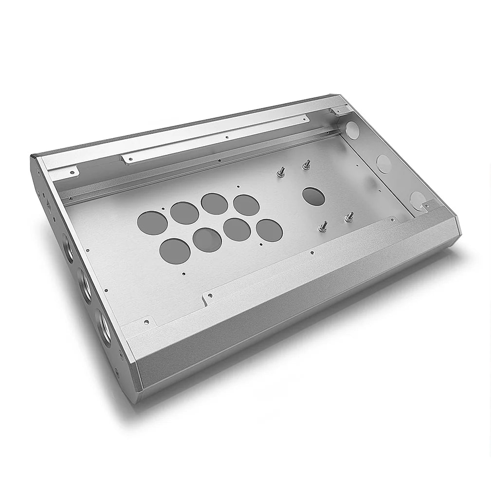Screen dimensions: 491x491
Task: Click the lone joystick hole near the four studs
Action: (314, 196)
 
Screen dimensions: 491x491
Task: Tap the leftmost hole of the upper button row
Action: (152, 223)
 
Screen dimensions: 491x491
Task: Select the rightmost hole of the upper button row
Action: (246, 205)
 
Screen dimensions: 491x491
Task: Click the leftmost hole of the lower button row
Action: (175, 249)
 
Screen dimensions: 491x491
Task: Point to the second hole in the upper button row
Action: (184, 213)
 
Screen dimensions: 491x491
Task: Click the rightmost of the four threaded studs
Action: (348, 218)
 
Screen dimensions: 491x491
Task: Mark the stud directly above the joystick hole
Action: (307, 165)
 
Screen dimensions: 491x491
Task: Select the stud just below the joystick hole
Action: (323, 226)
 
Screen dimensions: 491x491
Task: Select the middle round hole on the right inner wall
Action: (383, 164)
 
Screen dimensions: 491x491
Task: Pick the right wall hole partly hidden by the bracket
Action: (417, 200)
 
